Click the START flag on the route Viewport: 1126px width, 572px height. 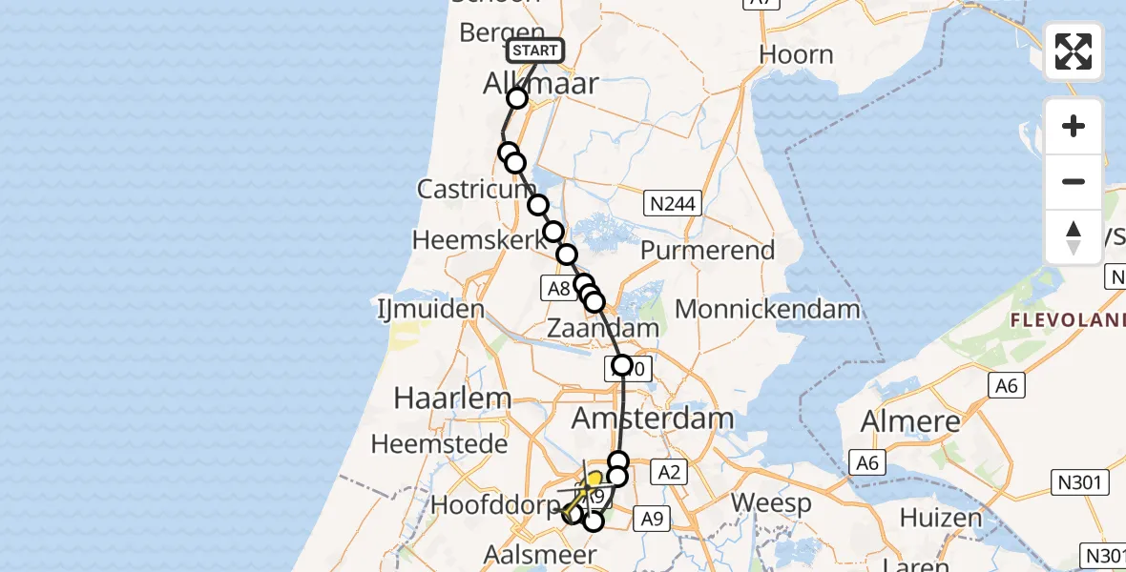click(x=534, y=51)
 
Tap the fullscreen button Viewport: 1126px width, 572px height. click(x=1074, y=51)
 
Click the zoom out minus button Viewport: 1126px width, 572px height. click(x=1074, y=182)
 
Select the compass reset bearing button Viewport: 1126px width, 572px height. click(x=1074, y=236)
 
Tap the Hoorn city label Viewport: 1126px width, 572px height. click(x=796, y=54)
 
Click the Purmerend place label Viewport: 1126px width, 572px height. click(x=707, y=251)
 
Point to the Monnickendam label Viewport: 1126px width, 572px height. click(x=767, y=309)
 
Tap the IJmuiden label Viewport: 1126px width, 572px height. click(x=430, y=310)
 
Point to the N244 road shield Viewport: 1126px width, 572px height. click(x=675, y=203)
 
